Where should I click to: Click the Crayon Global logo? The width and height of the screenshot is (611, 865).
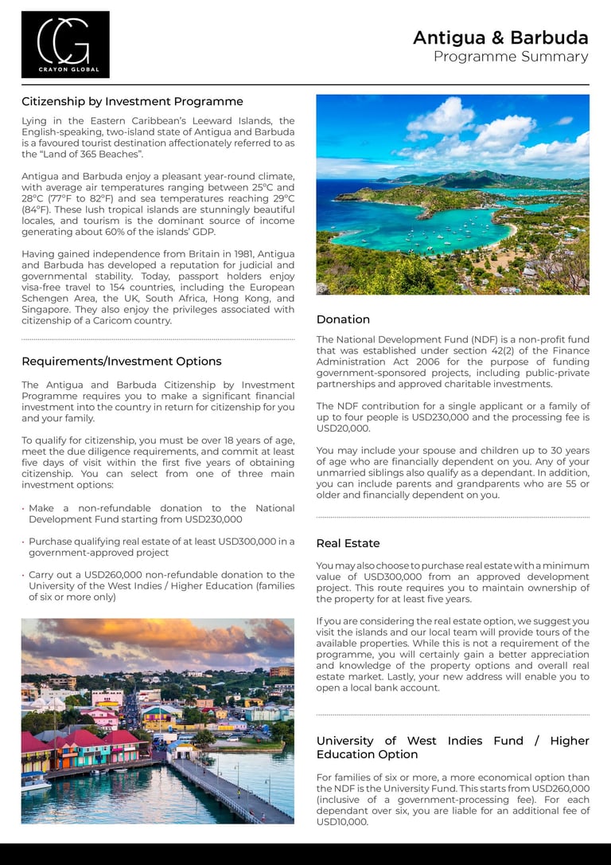[x=65, y=45]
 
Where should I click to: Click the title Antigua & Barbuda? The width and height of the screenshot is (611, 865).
[x=500, y=37]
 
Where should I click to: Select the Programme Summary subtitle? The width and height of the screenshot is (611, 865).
[x=511, y=57]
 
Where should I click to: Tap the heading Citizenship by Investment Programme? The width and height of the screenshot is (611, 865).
[x=132, y=101]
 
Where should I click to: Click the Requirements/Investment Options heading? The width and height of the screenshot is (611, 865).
[x=121, y=361]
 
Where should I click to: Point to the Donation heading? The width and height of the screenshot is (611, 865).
[x=343, y=319]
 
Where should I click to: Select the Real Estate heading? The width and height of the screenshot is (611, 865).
[x=348, y=543]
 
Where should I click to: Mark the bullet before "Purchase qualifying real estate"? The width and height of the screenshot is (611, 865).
[x=23, y=542]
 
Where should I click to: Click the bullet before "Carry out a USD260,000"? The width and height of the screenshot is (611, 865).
[x=23, y=575]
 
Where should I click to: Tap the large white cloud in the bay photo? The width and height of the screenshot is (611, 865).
[x=442, y=117]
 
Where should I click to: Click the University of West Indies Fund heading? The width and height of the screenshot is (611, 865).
[x=452, y=747]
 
